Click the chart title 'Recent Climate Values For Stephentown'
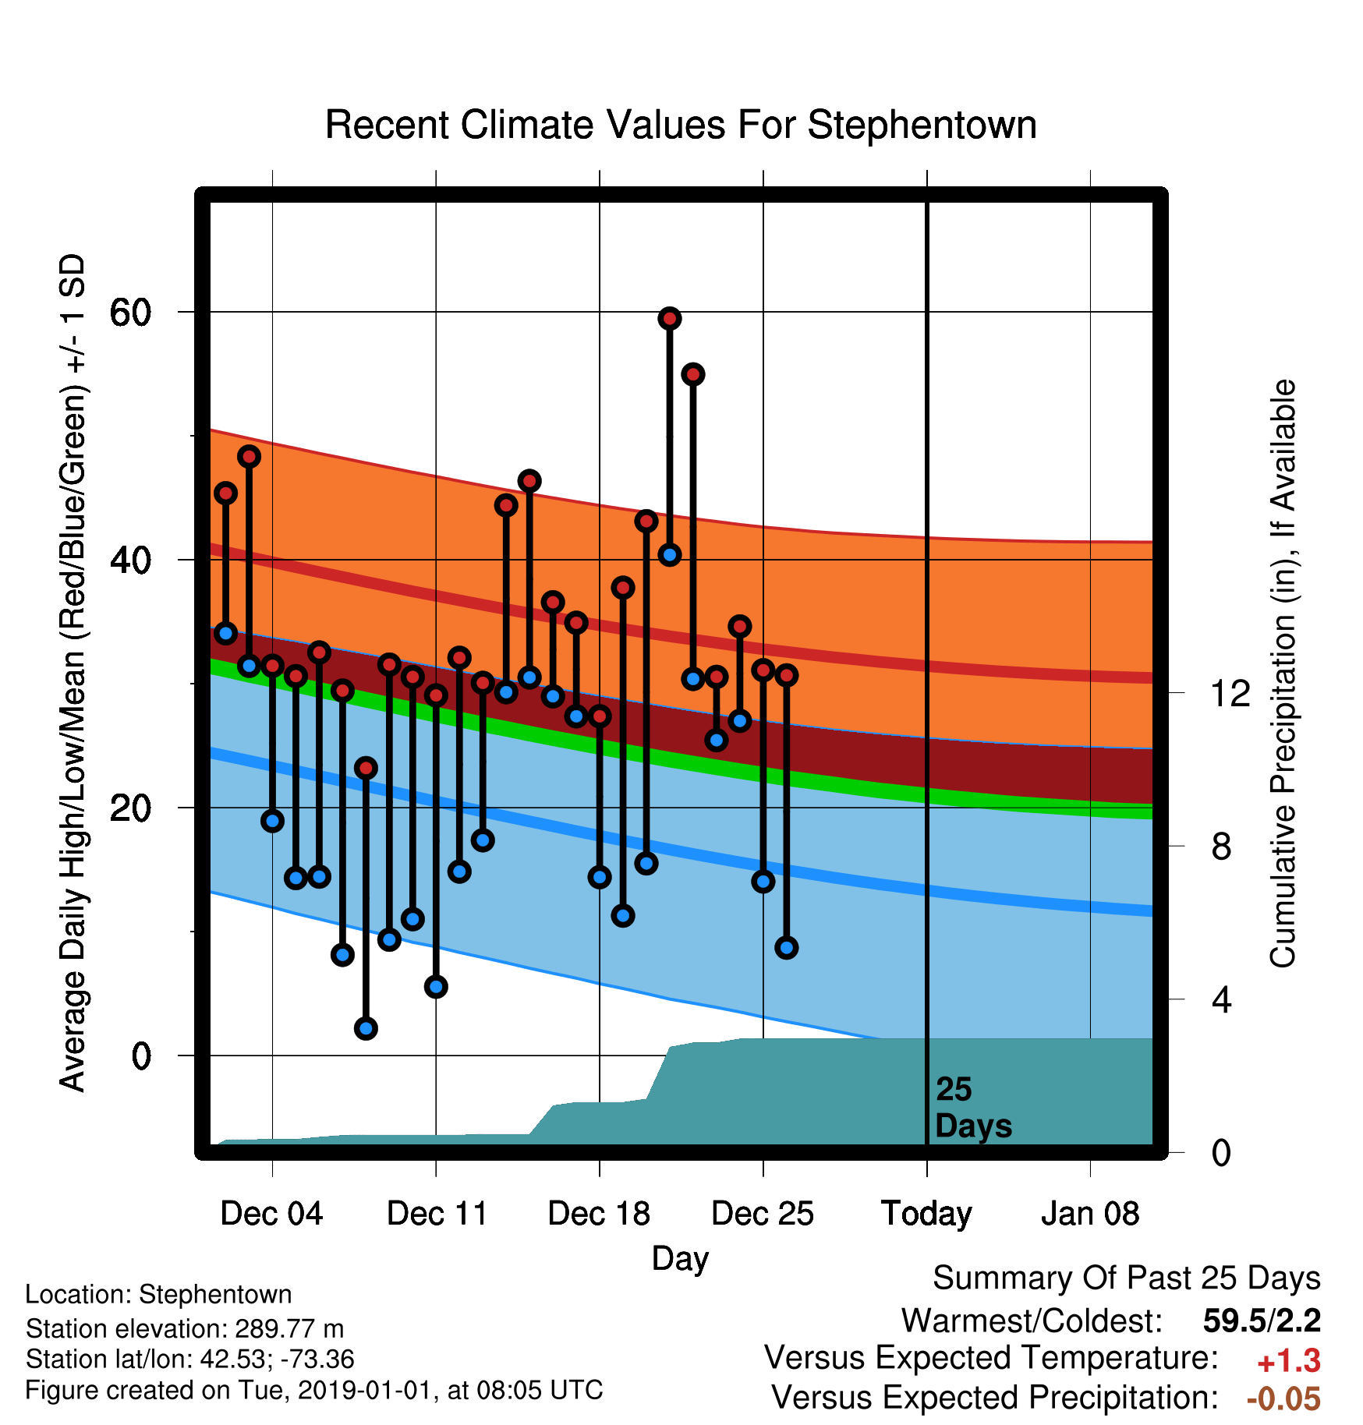point(681,125)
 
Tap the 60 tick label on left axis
point(130,313)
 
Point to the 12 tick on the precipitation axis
point(1230,693)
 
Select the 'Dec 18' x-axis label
point(599,1214)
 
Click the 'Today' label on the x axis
point(926,1214)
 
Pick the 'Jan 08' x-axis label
point(1090,1214)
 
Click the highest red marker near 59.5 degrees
point(670,318)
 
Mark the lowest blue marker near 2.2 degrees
point(366,1028)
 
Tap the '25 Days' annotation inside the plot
point(973,1108)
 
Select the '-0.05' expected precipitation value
point(1283,1399)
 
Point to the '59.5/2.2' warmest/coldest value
point(1262,1321)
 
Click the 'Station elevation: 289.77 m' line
point(185,1328)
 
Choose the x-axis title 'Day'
point(681,1259)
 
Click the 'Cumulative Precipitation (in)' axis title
point(1283,674)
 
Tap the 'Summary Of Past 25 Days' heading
point(1127,1278)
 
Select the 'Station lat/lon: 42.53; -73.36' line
point(190,1359)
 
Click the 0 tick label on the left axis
point(141,1056)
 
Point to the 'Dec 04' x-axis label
point(271,1214)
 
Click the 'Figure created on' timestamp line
point(314,1390)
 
